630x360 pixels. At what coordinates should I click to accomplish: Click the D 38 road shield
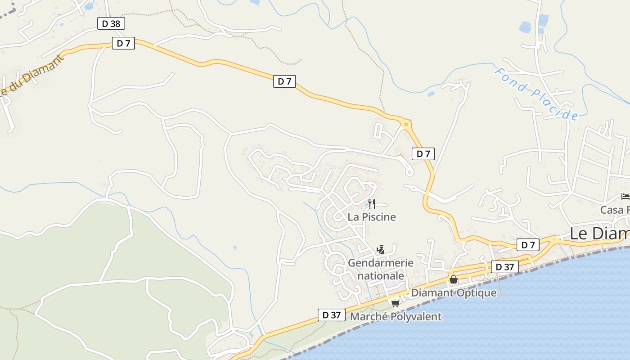[x=111, y=23]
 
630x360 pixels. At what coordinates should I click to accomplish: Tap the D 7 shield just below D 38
[x=123, y=43]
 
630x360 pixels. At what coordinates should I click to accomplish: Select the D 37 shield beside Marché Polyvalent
[x=332, y=315]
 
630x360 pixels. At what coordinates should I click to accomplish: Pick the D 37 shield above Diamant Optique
[x=504, y=267]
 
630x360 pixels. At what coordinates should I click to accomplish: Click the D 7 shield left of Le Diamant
[x=528, y=245]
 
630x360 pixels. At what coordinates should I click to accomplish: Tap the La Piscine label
[x=372, y=217]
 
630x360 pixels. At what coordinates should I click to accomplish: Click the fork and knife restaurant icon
[x=372, y=203]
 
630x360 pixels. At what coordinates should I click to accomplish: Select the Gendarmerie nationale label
[x=381, y=269]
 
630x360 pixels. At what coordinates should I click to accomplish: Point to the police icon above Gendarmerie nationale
[x=380, y=249]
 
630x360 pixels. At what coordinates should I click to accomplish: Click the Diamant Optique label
[x=454, y=292]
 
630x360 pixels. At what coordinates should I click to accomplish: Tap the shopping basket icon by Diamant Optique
[x=453, y=280]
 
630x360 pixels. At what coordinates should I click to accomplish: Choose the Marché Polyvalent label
[x=396, y=316]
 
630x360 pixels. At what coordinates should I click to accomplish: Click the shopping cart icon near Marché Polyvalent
[x=395, y=303]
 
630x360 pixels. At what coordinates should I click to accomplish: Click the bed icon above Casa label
[x=625, y=196]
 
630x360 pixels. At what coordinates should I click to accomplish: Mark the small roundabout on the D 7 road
[x=406, y=124]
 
